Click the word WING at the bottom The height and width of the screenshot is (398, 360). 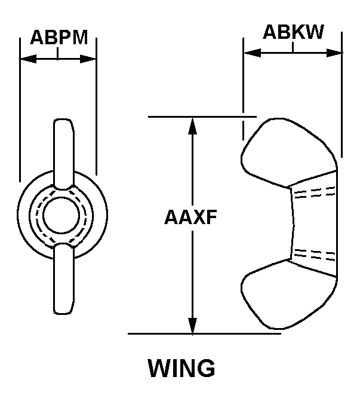[181, 368]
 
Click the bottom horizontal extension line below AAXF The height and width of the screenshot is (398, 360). [203, 333]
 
